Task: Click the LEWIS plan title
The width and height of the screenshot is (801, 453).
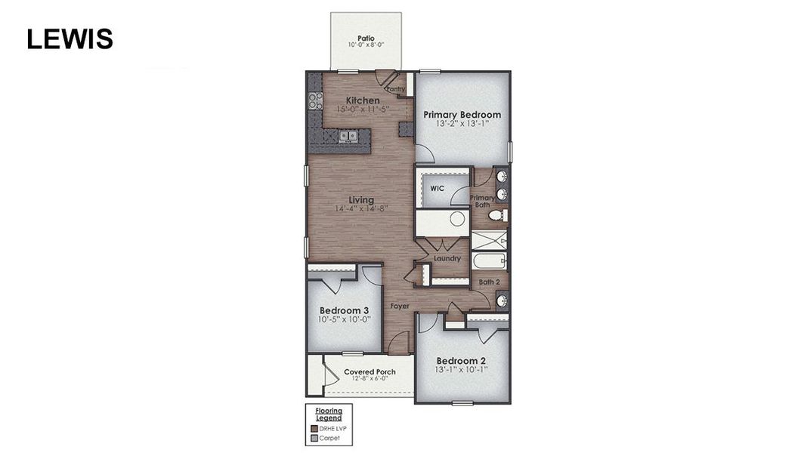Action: [x=70, y=39]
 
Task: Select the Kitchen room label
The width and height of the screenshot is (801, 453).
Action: [x=363, y=100]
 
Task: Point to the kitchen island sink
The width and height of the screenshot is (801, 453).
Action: [x=348, y=137]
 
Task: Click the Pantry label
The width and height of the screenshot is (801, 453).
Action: [x=396, y=89]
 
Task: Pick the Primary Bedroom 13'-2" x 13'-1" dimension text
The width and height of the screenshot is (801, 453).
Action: [x=462, y=125]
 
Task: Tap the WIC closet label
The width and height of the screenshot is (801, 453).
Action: [x=437, y=188]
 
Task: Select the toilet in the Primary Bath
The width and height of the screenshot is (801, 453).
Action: [x=496, y=215]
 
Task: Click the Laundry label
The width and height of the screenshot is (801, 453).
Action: [x=447, y=258]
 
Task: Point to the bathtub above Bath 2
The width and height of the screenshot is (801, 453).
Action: [x=489, y=261]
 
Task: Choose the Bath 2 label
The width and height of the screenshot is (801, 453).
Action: [x=490, y=282]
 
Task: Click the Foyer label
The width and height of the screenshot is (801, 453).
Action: [x=400, y=307]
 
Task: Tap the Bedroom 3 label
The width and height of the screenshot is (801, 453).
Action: [x=344, y=310]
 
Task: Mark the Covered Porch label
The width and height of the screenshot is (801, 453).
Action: [x=370, y=372]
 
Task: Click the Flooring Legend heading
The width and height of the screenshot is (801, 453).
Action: [x=329, y=414]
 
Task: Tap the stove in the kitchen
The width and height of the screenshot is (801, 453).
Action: [x=315, y=100]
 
